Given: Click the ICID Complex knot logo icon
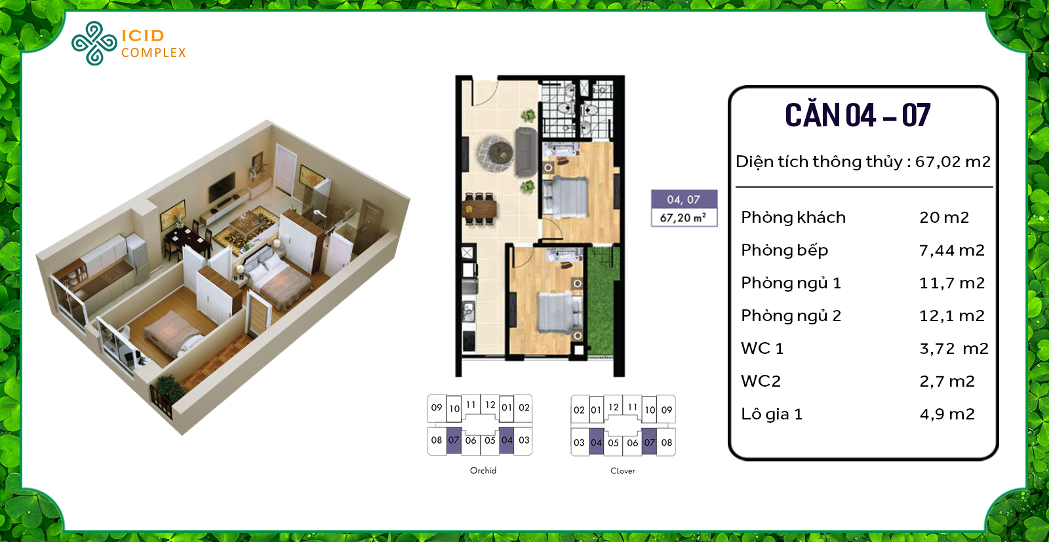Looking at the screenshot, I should tap(94, 43).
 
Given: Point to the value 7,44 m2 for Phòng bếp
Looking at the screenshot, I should tap(951, 250).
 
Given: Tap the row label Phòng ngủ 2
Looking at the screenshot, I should tap(791, 316).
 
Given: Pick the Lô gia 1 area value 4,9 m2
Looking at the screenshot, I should tap(947, 414).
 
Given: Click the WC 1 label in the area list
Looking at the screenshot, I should tap(762, 349).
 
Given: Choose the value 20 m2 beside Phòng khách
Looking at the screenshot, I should tap(943, 218).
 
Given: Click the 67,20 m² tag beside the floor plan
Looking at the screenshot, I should tap(683, 218).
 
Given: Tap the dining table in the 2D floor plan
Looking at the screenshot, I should tap(479, 210).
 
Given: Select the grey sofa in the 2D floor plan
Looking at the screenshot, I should tap(526, 152).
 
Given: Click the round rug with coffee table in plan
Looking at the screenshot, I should tap(495, 151).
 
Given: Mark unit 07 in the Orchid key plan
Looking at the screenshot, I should tap(454, 440).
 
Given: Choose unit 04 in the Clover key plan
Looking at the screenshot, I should tap(596, 443).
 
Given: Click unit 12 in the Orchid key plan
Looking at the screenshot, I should tap(490, 405).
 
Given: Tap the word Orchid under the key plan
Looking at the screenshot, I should tap(483, 471).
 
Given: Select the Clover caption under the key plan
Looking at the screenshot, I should tap(622, 471).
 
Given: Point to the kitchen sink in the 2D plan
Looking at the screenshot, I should tap(469, 311).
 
